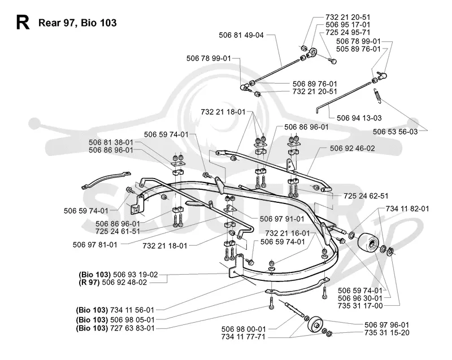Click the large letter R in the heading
click(x=23, y=23)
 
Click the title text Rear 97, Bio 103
click(x=77, y=23)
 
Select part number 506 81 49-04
click(x=241, y=35)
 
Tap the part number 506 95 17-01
click(x=347, y=25)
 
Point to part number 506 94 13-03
click(x=359, y=118)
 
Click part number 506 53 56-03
click(x=395, y=132)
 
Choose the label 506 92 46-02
click(x=352, y=149)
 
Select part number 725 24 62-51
click(x=366, y=196)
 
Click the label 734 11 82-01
click(x=407, y=209)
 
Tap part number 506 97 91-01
click(x=282, y=219)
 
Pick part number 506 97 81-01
click(x=95, y=245)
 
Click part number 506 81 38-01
click(x=111, y=142)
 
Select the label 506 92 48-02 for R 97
click(x=124, y=282)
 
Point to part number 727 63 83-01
click(x=132, y=328)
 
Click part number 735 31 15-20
click(x=387, y=333)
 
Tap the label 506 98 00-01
click(x=244, y=329)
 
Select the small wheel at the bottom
click(x=315, y=324)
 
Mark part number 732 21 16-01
click(x=288, y=233)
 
